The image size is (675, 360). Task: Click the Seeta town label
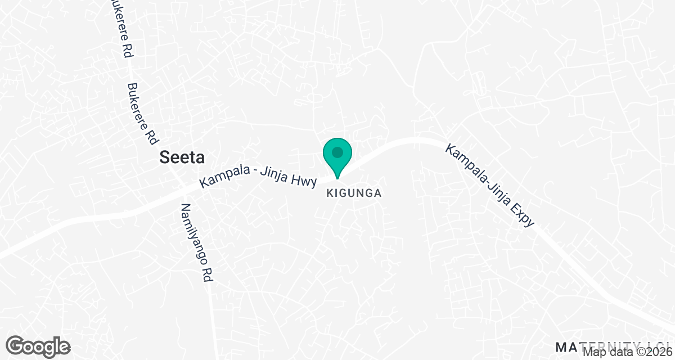coord(182,157)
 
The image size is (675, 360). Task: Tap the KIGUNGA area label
coord(354,193)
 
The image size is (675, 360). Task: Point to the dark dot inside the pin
coord(337,152)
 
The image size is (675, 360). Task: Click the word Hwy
coord(307,181)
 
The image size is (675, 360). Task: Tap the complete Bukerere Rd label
coord(142,114)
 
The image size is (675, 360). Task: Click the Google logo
coord(39,346)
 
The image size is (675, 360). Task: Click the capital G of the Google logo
coord(17,345)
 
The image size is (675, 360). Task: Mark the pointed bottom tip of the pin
coord(337,179)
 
